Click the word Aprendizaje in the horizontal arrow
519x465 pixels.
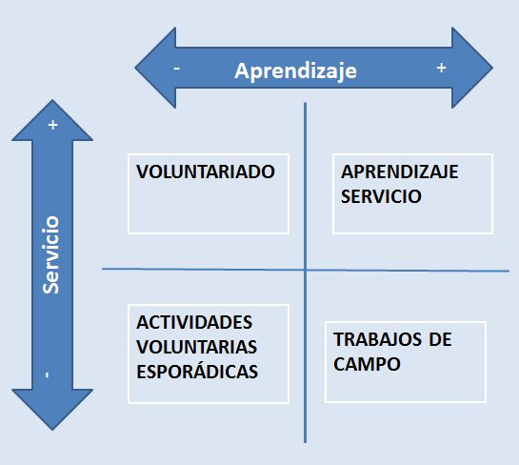(x=295, y=71)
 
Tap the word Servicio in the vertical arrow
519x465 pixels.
(x=51, y=254)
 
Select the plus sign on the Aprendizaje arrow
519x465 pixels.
(x=441, y=68)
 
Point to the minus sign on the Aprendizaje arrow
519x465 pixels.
(x=177, y=69)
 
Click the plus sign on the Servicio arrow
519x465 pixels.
(x=53, y=125)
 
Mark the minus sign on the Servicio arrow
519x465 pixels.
(x=47, y=374)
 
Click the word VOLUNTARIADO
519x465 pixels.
(x=206, y=172)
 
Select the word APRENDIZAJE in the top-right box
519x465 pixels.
(x=400, y=172)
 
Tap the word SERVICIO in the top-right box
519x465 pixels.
(x=381, y=196)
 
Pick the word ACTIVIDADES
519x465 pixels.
(x=194, y=322)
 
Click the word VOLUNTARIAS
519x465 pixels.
(x=196, y=347)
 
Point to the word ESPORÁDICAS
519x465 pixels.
(x=197, y=371)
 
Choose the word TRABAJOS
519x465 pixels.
(x=378, y=339)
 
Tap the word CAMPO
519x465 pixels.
(x=367, y=364)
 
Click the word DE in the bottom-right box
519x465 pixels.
(x=441, y=339)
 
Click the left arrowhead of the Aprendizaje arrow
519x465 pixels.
(x=155, y=68)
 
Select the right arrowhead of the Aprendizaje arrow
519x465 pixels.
(x=472, y=68)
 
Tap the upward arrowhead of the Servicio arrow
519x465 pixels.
(x=52, y=121)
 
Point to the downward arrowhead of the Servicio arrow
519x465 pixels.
(x=52, y=410)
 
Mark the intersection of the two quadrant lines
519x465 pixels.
(x=305, y=271)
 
